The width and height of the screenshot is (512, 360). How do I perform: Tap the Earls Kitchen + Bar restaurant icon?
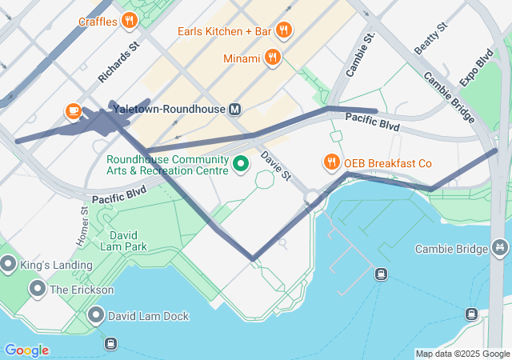pyautogui.click(x=282, y=31)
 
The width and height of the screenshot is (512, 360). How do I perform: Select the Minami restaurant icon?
pyautogui.click(x=273, y=58)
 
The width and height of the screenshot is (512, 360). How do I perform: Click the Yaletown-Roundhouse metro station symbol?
pyautogui.click(x=235, y=109)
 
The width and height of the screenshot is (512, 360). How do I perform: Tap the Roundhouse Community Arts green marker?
pyautogui.click(x=240, y=165)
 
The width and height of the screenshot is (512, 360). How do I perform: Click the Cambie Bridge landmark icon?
pyautogui.click(x=501, y=248)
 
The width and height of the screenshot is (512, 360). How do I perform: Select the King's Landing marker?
pyautogui.click(x=9, y=263)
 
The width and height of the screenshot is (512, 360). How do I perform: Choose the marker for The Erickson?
pyautogui.click(x=37, y=289)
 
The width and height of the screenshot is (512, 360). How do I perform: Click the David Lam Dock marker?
pyautogui.click(x=97, y=315)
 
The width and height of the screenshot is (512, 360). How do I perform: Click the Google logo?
pyautogui.click(x=26, y=350)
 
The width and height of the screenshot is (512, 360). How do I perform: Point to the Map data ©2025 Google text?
pyautogui.click(x=462, y=354)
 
